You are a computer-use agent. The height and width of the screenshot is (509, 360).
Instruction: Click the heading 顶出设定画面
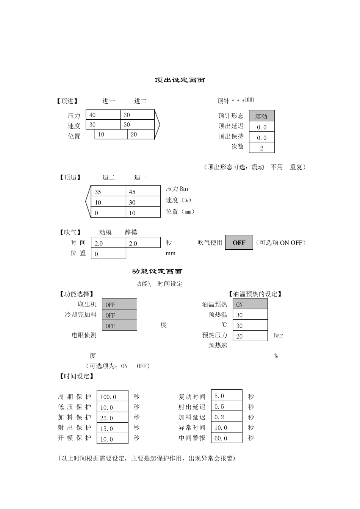pyautogui.click(x=180, y=80)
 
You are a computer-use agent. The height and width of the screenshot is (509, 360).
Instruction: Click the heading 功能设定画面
pyautogui.click(x=157, y=271)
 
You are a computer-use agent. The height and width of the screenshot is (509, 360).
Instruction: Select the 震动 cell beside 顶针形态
pyautogui.click(x=261, y=116)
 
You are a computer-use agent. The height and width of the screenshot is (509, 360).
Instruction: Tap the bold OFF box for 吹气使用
pyautogui.click(x=239, y=243)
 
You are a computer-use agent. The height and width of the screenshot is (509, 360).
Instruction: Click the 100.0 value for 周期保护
pyautogui.click(x=112, y=397)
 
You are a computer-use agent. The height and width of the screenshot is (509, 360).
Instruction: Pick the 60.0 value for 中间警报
pyautogui.click(x=226, y=438)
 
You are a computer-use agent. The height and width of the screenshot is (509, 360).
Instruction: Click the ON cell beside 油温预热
pyautogui.click(x=250, y=304)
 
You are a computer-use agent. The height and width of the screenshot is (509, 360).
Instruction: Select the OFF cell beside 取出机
pyautogui.click(x=119, y=304)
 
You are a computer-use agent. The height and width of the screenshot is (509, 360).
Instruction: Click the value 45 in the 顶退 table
pyautogui.click(x=142, y=192)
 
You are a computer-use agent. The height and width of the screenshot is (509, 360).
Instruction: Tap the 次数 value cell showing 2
pyautogui.click(x=261, y=148)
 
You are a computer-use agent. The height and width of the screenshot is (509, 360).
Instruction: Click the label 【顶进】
pyautogui.click(x=67, y=101)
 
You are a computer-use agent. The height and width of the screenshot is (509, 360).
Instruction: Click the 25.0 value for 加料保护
pyautogui.click(x=112, y=418)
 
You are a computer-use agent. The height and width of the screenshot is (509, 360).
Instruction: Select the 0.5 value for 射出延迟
pyautogui.click(x=226, y=407)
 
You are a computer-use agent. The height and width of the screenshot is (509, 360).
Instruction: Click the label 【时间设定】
pyautogui.click(x=77, y=376)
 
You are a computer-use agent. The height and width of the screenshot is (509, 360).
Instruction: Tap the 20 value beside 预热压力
pyautogui.click(x=250, y=336)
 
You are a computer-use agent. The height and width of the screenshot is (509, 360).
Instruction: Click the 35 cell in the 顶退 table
pyautogui.click(x=108, y=192)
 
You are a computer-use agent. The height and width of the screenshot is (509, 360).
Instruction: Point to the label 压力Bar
pyautogui.click(x=177, y=189)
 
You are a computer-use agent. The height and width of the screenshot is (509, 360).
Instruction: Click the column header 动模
pyautogui.click(x=105, y=233)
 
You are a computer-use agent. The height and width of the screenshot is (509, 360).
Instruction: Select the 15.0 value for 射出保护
pyautogui.click(x=112, y=428)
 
